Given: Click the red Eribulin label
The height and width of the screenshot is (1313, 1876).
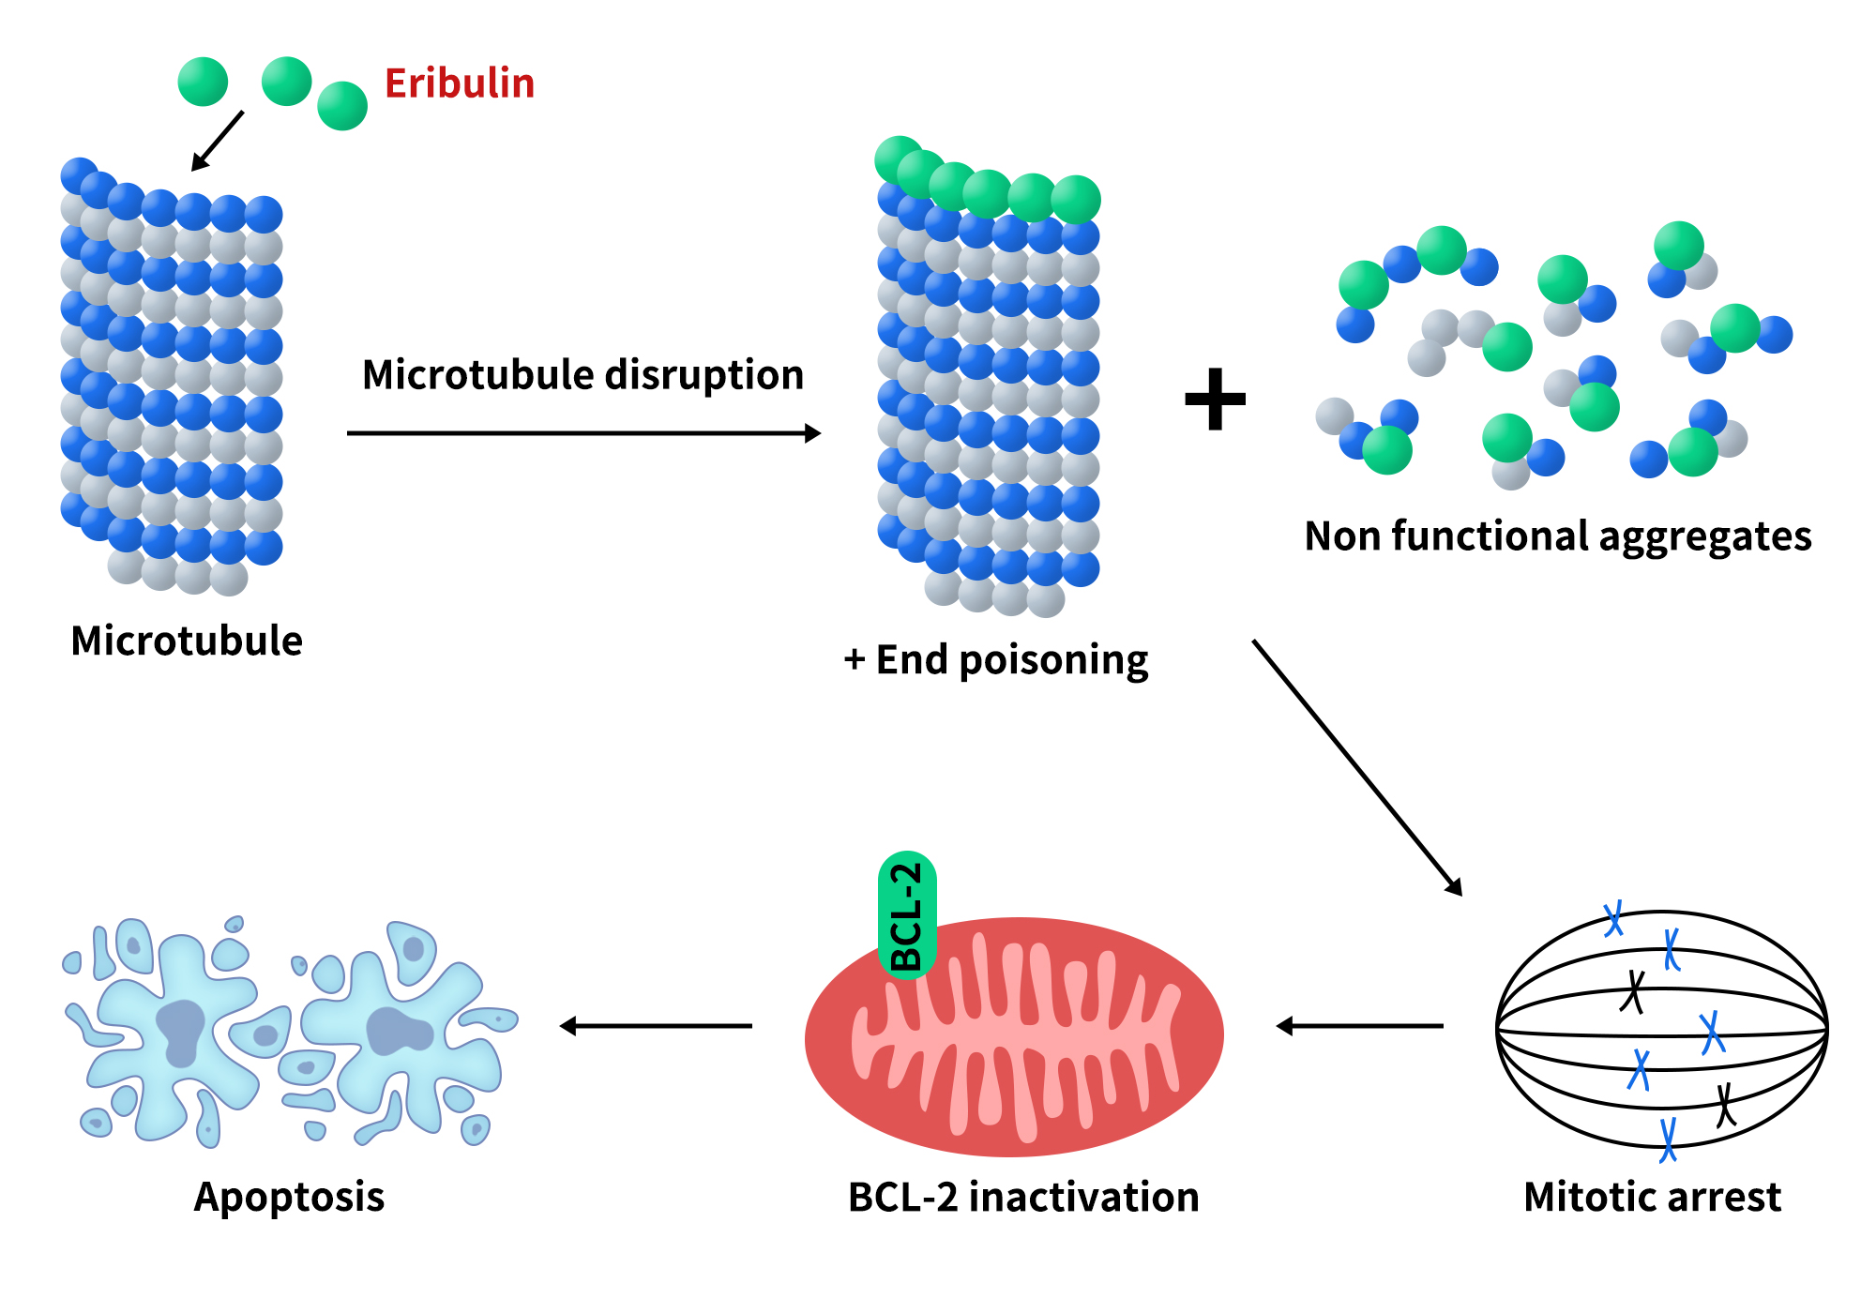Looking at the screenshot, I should click(460, 83).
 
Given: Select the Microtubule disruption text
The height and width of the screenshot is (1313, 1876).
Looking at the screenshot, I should click(582, 375).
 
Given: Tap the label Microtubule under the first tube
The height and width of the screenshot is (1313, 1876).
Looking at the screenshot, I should click(187, 641).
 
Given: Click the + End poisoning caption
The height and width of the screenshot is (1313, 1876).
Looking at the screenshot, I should click(996, 660).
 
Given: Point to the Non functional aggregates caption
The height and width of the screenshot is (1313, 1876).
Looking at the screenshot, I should click(1558, 536).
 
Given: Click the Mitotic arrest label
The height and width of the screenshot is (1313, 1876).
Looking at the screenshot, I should click(1652, 1198).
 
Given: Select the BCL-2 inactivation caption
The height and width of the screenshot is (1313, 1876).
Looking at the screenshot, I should click(1023, 1198).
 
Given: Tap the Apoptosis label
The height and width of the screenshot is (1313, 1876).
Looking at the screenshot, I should click(289, 1198).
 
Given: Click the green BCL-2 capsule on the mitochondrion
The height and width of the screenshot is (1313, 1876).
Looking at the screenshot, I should click(907, 915).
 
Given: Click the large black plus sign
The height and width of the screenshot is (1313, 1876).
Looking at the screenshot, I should click(1216, 400).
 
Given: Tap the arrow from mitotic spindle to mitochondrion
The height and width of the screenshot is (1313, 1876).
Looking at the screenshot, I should click(1360, 1026).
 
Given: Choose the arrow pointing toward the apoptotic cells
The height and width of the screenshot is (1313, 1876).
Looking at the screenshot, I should click(657, 1026).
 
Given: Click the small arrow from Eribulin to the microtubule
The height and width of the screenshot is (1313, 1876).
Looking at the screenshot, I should click(218, 141).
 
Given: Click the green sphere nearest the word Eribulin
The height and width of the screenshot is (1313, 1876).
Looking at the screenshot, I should click(342, 106).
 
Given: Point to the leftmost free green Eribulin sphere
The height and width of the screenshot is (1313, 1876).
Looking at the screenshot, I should click(203, 82).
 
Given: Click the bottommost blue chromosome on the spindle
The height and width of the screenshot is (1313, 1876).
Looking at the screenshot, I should click(1668, 1139).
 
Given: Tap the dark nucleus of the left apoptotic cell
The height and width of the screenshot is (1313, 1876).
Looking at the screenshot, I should click(180, 1032).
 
